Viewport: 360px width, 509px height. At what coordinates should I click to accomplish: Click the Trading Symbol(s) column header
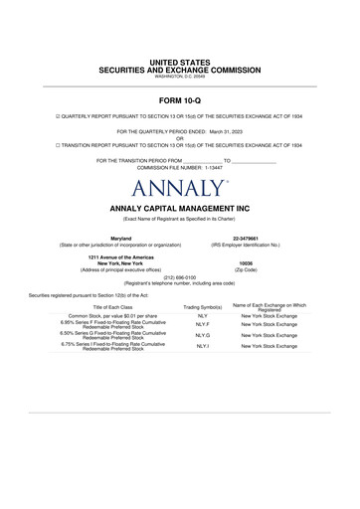coord(202,308)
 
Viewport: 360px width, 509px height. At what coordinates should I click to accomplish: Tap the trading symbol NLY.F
coord(202,324)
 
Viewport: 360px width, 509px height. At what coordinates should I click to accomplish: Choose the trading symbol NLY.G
coord(202,336)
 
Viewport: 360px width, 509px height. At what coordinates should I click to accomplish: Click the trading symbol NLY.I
coord(202,346)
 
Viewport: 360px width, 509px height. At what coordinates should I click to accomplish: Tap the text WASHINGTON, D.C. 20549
coord(179,77)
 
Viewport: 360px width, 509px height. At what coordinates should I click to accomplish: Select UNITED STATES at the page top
coord(180,63)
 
